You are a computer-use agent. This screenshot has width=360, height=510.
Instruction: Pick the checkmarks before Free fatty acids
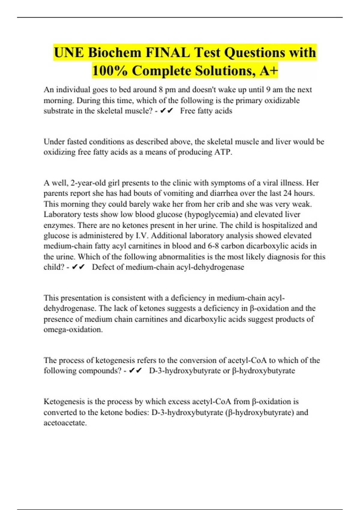pyautogui.click(x=167, y=111)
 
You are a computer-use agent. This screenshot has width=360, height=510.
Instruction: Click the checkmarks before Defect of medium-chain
pyautogui.click(x=79, y=267)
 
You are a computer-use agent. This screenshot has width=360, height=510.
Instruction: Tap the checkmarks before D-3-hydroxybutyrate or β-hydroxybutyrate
pyautogui.click(x=135, y=371)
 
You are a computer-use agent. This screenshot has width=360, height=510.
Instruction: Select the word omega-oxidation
pyautogui.click(x=73, y=329)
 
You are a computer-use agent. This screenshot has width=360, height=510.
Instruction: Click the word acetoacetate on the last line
pyautogui.click(x=65, y=423)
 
